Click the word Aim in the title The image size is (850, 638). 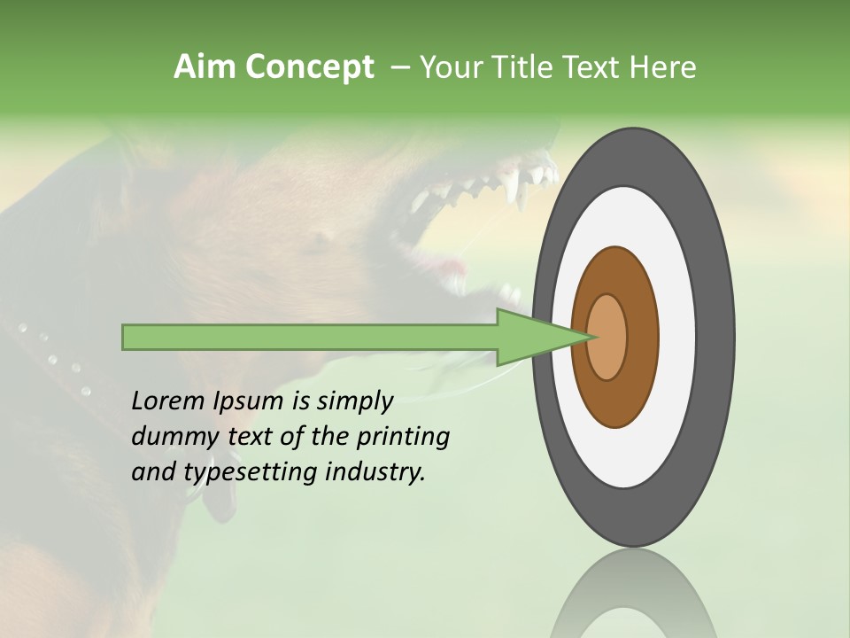click(205, 67)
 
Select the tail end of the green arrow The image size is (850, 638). click(125, 337)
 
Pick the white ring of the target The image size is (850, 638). click(677, 337)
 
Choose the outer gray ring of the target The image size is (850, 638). click(717, 337)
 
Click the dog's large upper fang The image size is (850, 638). click(511, 187)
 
